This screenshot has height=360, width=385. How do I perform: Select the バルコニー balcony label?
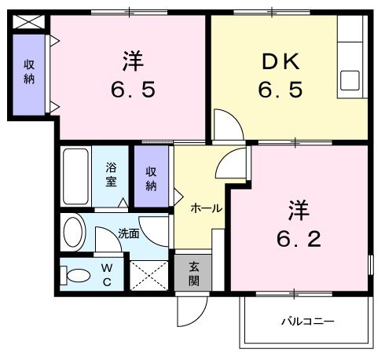[x=309, y=321]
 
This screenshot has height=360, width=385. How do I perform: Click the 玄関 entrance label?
[x=192, y=275]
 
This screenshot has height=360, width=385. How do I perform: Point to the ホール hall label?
[x=207, y=208]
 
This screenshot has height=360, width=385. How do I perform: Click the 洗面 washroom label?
[x=129, y=233]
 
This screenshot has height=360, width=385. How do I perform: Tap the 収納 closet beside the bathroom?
[x=151, y=178]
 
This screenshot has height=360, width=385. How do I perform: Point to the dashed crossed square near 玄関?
[x=148, y=276]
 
